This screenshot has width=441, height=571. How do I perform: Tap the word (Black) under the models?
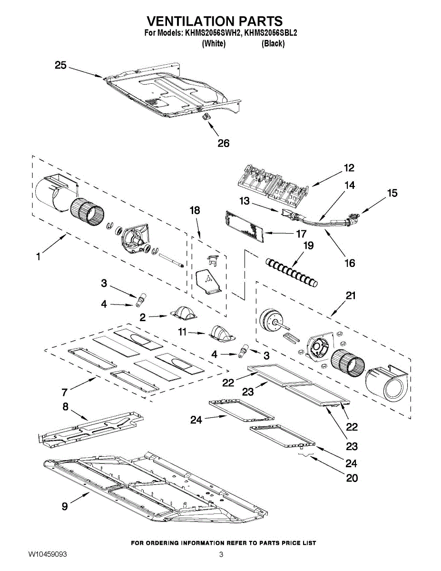pyautogui.click(x=273, y=44)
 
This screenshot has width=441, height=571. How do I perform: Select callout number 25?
pyautogui.click(x=60, y=65)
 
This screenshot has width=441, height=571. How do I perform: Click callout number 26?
pyautogui.click(x=223, y=143)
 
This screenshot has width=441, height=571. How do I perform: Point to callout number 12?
pyautogui.click(x=349, y=168)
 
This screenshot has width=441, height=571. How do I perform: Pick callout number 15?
pyautogui.click(x=392, y=193)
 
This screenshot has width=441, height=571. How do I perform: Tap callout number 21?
pyautogui.click(x=350, y=296)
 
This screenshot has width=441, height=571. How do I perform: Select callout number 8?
pyautogui.click(x=66, y=407)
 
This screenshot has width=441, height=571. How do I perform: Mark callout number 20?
pyautogui.click(x=352, y=478)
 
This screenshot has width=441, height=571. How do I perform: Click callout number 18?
pyautogui.click(x=195, y=210)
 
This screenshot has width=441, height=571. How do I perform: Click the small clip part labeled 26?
pyautogui.click(x=207, y=117)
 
